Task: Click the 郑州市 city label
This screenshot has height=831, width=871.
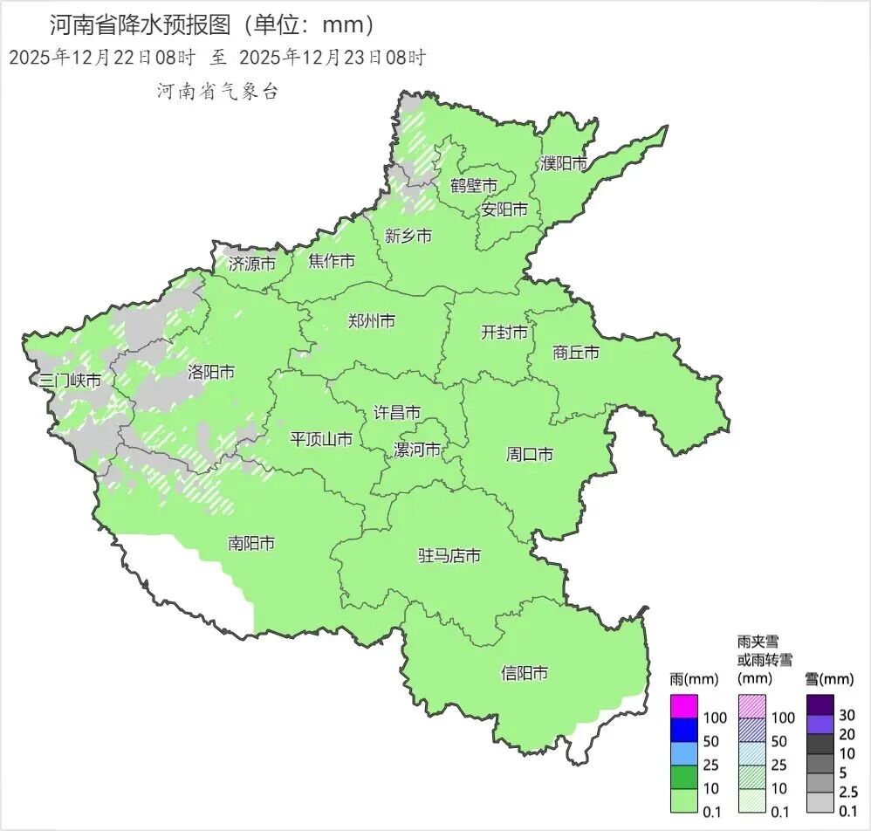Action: click(370, 321)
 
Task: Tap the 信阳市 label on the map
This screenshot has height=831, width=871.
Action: click(525, 673)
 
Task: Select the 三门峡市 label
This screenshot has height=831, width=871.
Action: click(71, 381)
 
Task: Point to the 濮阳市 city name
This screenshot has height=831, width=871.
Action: click(563, 163)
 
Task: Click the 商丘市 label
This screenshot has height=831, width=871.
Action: click(576, 353)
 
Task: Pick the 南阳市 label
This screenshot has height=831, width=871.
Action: click(251, 543)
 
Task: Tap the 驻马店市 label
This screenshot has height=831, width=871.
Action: click(449, 556)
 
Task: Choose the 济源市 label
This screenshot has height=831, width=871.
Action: click(252, 263)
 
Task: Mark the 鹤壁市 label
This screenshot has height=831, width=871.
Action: click(474, 186)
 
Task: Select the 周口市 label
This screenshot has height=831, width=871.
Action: click(530, 455)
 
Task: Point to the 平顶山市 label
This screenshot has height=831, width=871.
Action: click(321, 439)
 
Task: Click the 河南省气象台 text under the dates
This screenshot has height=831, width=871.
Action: click(217, 92)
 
